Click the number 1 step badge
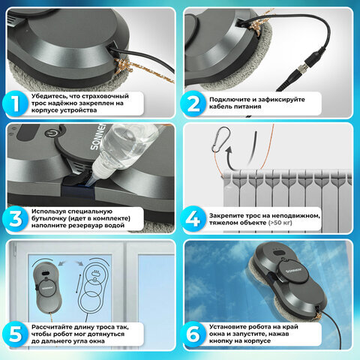[15, 103]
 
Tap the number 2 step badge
[193, 103]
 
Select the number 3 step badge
[15, 219]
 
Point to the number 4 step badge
[193, 219]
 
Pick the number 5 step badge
[15, 334]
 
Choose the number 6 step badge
[193, 334]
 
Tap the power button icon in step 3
[51, 133]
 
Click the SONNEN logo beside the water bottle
[97, 136]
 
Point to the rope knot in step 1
[122, 65]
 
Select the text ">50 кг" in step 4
[280, 223]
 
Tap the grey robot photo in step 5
[47, 287]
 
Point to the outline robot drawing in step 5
[94, 288]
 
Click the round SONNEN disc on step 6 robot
[293, 271]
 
